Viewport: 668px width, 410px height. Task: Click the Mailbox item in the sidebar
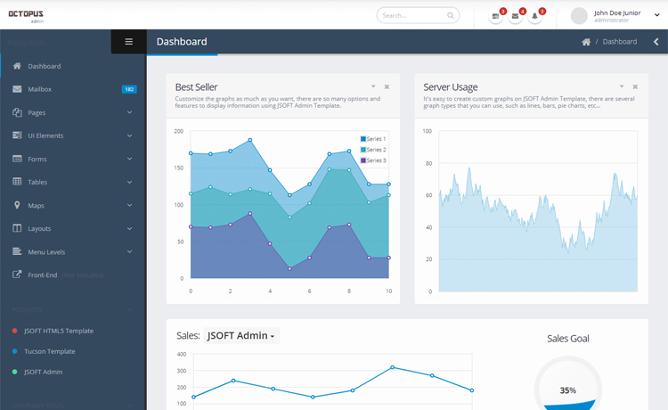(x=39, y=89)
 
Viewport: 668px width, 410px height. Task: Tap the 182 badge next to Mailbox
(x=129, y=89)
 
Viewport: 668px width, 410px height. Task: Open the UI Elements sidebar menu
(x=45, y=135)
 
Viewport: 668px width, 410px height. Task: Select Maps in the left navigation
(x=36, y=205)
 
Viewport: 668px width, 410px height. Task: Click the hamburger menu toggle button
(x=128, y=42)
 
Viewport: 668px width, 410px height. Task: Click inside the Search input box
(x=411, y=15)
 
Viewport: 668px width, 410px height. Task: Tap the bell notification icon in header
(x=535, y=16)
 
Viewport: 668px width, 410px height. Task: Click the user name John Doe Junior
(x=616, y=12)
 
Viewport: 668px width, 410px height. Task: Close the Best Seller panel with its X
(x=387, y=86)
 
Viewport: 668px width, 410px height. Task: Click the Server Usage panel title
(x=450, y=87)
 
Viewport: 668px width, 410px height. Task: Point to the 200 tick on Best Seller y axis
(x=178, y=131)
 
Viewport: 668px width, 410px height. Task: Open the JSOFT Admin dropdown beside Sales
(x=241, y=336)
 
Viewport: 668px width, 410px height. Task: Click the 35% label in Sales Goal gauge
(x=567, y=390)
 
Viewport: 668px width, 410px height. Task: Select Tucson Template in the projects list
(x=49, y=351)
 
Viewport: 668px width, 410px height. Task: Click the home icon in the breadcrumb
(x=585, y=42)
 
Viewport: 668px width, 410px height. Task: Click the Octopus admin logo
(x=26, y=16)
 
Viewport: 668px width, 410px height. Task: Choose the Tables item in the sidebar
(x=37, y=182)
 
